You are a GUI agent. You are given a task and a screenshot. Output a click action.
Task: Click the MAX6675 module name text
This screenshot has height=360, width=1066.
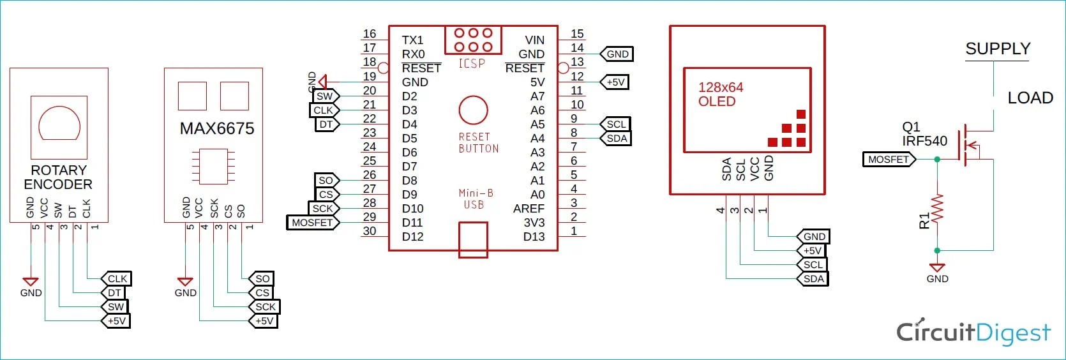pyautogui.click(x=217, y=129)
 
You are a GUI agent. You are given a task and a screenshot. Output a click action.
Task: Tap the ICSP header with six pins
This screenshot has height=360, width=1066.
pyautogui.click(x=473, y=40)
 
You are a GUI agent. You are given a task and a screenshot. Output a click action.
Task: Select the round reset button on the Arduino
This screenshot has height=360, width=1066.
pyautogui.click(x=473, y=110)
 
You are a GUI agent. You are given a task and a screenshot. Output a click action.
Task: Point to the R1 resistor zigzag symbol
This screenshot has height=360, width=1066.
pyautogui.click(x=937, y=209)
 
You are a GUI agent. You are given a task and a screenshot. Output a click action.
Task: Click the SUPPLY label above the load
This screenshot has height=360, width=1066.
pyautogui.click(x=998, y=49)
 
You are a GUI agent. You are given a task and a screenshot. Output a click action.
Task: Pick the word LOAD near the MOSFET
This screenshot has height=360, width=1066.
pyautogui.click(x=1030, y=98)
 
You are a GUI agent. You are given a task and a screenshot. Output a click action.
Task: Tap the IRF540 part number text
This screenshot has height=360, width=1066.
pyautogui.click(x=924, y=141)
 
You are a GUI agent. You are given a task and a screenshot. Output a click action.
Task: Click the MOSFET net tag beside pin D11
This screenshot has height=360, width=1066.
pyautogui.click(x=312, y=223)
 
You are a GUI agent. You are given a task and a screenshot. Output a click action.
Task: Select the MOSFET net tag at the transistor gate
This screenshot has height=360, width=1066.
pyautogui.click(x=889, y=160)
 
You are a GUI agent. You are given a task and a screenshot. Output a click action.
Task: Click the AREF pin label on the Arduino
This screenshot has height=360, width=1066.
pyautogui.click(x=529, y=209)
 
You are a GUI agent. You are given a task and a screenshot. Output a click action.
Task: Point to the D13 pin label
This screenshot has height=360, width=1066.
pyautogui.click(x=534, y=237)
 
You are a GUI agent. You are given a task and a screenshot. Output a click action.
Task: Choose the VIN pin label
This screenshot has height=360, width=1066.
pyautogui.click(x=534, y=40)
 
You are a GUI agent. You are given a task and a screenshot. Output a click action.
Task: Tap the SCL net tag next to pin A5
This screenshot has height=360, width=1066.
pyautogui.click(x=616, y=124)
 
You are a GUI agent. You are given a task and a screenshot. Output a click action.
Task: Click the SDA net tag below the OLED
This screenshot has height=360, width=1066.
pyautogui.click(x=813, y=279)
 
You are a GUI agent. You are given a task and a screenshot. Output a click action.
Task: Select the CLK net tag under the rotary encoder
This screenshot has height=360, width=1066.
pyautogui.click(x=117, y=279)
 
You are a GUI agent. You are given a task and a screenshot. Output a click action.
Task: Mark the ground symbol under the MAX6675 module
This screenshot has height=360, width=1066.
pyautogui.click(x=185, y=281)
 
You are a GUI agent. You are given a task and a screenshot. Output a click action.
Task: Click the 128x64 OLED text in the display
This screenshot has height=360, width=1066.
pyautogui.click(x=720, y=94)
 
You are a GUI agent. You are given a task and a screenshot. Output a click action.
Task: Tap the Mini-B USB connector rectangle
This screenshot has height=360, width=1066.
pyautogui.click(x=473, y=239)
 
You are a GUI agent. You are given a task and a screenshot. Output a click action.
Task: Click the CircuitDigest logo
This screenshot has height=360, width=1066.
pyautogui.click(x=973, y=332)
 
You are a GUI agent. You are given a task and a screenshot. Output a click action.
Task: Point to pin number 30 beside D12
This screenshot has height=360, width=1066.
pyautogui.click(x=370, y=231)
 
